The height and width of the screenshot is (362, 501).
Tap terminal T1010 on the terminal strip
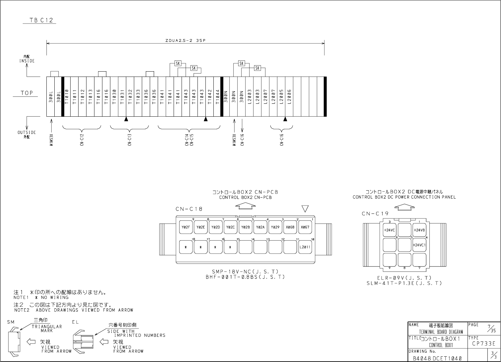point(67,96)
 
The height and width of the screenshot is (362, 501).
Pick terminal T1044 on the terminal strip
point(218,96)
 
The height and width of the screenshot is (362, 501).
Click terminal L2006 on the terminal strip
point(289,96)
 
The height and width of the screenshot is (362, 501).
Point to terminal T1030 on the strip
point(114,96)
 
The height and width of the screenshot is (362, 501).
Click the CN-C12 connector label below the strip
point(82,140)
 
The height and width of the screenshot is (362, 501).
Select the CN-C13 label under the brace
point(130,140)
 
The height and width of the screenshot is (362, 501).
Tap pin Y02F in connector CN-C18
point(186,227)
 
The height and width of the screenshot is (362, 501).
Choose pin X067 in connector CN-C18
point(305,227)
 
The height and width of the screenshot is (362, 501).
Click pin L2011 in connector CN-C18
point(305,247)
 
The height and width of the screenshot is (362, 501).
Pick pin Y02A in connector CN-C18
point(260,227)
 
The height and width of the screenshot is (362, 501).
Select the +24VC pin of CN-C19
point(389,230)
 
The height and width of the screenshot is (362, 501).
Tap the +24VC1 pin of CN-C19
point(419,245)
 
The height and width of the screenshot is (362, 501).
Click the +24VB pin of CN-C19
point(419,230)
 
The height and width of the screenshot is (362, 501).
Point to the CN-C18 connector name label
point(189,209)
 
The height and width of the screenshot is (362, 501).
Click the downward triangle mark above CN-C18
point(305,209)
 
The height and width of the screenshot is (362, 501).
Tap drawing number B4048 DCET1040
point(437,358)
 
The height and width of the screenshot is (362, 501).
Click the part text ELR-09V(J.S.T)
point(404,278)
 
